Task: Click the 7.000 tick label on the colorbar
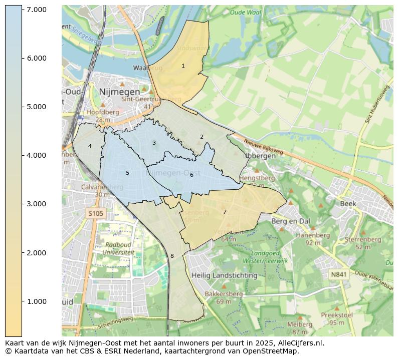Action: click(x=36, y=10)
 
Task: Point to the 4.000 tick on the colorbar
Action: click(x=36, y=155)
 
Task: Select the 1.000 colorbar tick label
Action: click(x=36, y=301)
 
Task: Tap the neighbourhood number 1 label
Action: click(x=183, y=66)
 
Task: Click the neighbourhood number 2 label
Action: click(x=202, y=137)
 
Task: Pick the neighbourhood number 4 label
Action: click(x=90, y=146)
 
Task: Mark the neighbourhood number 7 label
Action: click(x=225, y=212)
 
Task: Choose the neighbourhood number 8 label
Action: click(x=172, y=256)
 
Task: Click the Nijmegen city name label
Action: click(x=119, y=92)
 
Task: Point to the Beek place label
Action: click(x=348, y=204)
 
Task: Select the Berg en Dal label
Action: click(x=290, y=221)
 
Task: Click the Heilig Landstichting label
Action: click(x=224, y=275)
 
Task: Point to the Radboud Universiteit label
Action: click(x=119, y=249)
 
